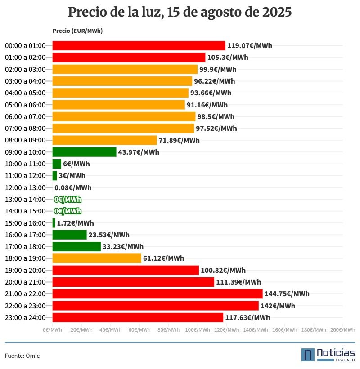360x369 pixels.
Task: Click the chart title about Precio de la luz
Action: click(180, 13)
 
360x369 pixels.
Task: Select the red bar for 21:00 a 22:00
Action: click(157, 294)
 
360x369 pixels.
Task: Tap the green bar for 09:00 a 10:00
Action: click(84, 152)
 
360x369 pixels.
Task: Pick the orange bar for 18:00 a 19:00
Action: click(97, 258)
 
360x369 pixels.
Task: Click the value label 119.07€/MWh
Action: click(249, 46)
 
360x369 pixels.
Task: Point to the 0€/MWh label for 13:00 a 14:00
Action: click(67, 200)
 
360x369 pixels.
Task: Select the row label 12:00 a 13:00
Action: click(25, 188)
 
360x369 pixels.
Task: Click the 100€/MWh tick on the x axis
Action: click(198, 330)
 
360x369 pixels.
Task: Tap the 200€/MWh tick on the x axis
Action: click(342, 330)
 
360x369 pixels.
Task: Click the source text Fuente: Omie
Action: click(22, 356)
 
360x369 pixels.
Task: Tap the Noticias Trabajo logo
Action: click(328, 354)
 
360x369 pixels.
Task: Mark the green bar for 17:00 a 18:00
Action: click(76, 246)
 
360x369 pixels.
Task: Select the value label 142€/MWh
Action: click(278, 306)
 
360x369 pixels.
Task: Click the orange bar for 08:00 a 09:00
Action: click(104, 140)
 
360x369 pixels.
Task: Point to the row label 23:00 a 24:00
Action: click(25, 318)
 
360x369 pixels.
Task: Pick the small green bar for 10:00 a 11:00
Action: click(57, 164)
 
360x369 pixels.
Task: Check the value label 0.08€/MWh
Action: click(73, 188)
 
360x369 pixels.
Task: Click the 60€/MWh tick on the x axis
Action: click(139, 330)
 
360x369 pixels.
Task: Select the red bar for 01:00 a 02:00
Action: click(129, 58)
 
